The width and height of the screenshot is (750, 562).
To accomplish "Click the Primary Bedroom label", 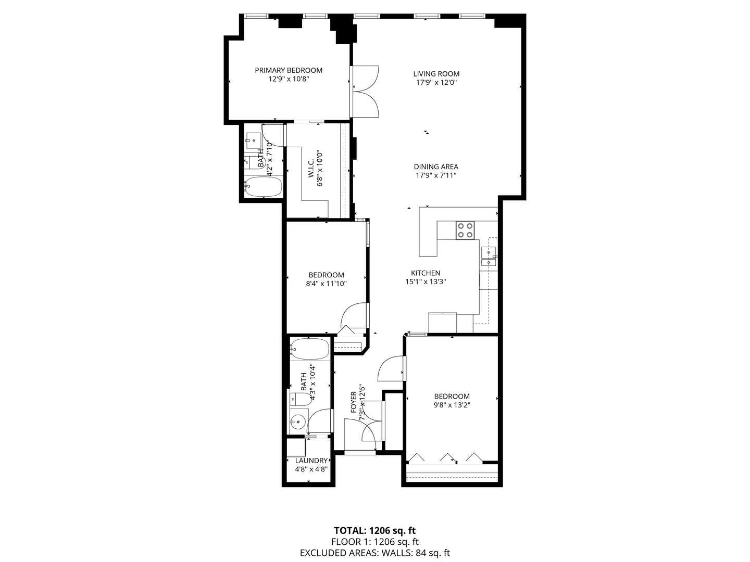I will (x=288, y=70).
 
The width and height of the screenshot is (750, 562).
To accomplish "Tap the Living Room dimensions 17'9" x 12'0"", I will (x=436, y=82).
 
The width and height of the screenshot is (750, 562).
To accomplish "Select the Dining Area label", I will (x=436, y=167).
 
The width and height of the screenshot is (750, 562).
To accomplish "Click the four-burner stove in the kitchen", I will (x=465, y=230).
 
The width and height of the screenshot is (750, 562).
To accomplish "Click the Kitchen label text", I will (x=426, y=273).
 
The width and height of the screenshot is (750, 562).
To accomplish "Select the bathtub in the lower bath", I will (x=310, y=348).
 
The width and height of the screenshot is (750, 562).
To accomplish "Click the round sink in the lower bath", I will (x=298, y=421).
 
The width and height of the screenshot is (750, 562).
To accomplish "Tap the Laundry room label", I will (x=311, y=461).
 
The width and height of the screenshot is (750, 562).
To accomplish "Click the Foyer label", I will (x=354, y=402).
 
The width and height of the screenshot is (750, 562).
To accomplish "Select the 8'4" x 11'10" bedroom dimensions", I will (x=326, y=284).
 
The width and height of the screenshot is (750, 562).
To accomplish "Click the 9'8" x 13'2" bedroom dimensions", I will (x=452, y=405).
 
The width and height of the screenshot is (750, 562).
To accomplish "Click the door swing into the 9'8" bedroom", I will (x=391, y=368).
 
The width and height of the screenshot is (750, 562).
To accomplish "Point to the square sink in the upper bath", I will (x=254, y=139).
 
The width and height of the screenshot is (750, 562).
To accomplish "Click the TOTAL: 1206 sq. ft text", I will (x=374, y=531).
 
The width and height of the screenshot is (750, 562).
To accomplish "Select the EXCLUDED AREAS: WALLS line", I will (x=374, y=553).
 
